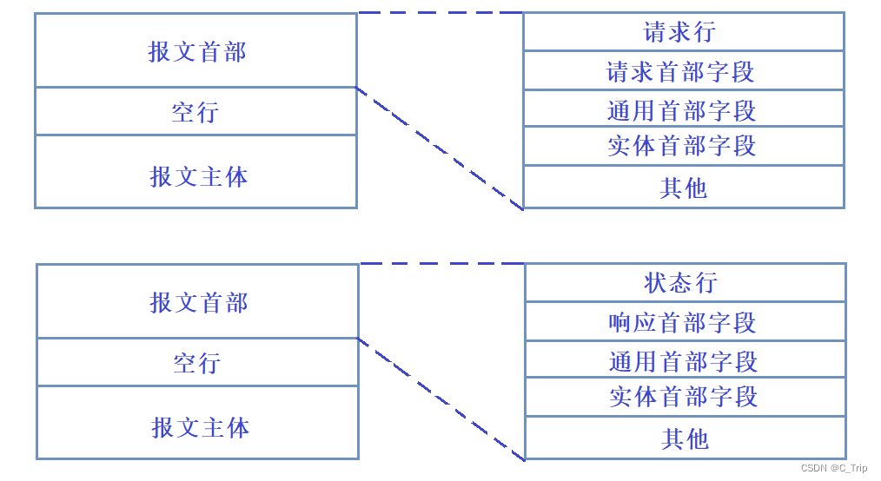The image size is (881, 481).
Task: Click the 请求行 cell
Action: coord(683,32)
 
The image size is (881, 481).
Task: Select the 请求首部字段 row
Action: coord(683,70)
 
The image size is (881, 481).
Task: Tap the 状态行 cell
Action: coord(685,283)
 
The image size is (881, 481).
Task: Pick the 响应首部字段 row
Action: coord(685,322)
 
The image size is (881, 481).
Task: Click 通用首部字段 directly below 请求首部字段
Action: coord(683,109)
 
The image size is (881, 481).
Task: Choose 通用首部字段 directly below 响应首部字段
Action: coord(685,360)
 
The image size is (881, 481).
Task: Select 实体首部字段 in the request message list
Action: coord(683,146)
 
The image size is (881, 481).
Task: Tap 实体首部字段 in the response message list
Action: coord(685,397)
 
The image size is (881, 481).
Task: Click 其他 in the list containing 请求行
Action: coord(683,188)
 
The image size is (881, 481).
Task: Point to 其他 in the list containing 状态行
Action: coord(685,438)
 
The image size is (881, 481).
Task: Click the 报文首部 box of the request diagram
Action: coord(196,51)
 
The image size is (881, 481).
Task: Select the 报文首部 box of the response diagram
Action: coord(198,302)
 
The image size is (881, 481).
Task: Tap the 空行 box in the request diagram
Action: coord(196,111)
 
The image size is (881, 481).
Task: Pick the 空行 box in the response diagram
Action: coord(198,362)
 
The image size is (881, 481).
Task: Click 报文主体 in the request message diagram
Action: coord(196,176)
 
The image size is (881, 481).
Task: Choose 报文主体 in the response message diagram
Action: coord(198,427)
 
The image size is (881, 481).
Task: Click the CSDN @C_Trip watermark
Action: coord(833,468)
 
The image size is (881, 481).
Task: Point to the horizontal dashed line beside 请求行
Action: coord(440,12)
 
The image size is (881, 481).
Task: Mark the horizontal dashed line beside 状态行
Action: coord(441,263)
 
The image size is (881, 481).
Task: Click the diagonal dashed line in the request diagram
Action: coord(440,148)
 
